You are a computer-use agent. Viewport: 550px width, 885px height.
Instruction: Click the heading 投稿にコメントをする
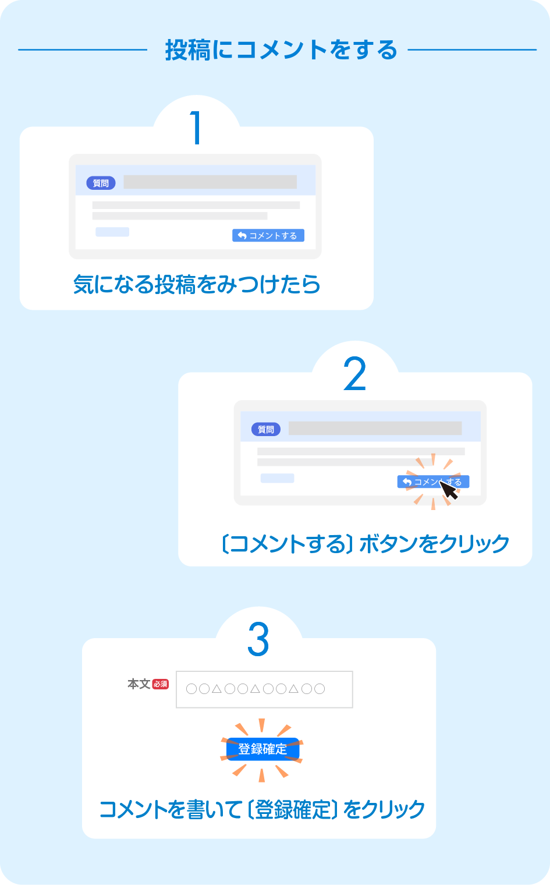click(x=281, y=50)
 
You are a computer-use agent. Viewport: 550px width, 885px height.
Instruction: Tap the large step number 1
click(x=197, y=128)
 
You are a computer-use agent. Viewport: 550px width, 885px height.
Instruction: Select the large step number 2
click(x=355, y=374)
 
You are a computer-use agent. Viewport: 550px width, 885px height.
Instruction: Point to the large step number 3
click(x=258, y=639)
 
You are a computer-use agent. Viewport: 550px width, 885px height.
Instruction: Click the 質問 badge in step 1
click(x=101, y=183)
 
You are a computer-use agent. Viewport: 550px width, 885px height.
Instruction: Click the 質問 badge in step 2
click(x=266, y=430)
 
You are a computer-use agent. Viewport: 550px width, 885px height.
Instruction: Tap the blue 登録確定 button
click(x=262, y=749)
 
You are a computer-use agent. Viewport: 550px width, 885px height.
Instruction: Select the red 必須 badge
click(x=161, y=684)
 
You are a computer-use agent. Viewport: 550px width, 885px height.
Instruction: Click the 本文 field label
click(x=139, y=684)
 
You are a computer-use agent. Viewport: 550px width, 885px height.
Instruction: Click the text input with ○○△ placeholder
click(x=264, y=689)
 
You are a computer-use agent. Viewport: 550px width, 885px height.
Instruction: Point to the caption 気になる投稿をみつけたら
click(x=197, y=285)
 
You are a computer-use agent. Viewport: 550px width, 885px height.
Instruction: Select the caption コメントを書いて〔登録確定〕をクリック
click(x=262, y=809)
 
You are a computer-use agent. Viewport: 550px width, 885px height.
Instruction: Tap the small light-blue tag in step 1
click(x=112, y=232)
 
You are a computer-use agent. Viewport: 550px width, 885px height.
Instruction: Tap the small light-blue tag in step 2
click(x=277, y=478)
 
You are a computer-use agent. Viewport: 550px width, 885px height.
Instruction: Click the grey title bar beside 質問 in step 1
click(x=210, y=182)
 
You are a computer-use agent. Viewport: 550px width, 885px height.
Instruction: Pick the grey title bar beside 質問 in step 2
click(x=375, y=429)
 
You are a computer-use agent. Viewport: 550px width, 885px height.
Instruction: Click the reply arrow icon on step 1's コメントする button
click(x=242, y=236)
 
